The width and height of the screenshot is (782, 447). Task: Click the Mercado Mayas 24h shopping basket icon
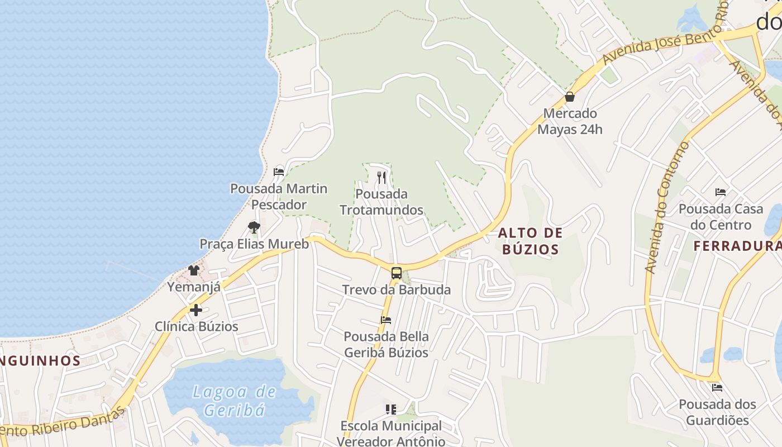[570, 97]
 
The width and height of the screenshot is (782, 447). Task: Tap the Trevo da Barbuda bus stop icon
[396, 273]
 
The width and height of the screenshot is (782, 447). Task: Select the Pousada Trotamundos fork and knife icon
[382, 178]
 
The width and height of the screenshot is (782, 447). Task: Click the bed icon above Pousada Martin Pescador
[279, 172]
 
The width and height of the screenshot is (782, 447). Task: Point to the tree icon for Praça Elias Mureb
[254, 227]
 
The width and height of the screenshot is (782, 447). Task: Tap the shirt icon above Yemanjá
[194, 270]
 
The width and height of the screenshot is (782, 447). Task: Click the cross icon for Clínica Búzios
[196, 310]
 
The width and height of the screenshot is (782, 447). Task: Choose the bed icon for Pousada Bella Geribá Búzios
[386, 320]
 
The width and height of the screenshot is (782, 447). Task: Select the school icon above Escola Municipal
[391, 410]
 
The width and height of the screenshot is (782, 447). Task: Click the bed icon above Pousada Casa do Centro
[721, 192]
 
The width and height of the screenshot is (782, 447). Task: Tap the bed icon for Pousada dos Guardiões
[717, 387]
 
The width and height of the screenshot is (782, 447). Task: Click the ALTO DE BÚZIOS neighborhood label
[530, 241]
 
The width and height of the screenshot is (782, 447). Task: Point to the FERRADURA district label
[737, 246]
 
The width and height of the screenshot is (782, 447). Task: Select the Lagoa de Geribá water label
[234, 401]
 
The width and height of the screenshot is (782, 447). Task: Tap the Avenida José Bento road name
[665, 44]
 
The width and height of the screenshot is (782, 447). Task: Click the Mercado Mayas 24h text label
[570, 121]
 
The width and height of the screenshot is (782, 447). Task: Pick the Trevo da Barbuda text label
[396, 290]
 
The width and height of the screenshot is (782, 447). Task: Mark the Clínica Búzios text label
[196, 326]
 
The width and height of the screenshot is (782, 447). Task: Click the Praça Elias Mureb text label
[254, 244]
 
